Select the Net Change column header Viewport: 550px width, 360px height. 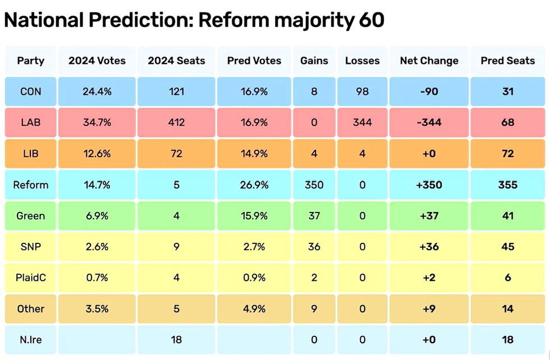[429, 61]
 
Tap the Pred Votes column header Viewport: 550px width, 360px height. [254, 61]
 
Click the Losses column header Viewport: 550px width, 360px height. [362, 61]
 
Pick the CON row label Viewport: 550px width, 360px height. [30, 91]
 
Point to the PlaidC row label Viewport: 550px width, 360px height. [30, 278]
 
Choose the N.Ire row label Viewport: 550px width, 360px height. [30, 339]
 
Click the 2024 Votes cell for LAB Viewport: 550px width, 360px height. [97, 122]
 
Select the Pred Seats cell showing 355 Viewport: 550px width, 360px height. [507, 184]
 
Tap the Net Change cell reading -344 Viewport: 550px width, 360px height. [429, 122]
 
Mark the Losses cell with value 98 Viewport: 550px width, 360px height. [362, 91]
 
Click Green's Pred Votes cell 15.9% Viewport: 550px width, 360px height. [254, 216]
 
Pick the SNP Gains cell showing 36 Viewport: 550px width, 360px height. [314, 247]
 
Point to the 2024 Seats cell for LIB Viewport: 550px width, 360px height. [176, 154]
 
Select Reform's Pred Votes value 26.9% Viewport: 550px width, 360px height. [254, 184]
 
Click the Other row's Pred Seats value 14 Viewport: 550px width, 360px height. [507, 309]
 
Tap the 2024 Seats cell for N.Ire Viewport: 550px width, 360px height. [176, 339]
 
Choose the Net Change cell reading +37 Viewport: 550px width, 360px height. [429, 216]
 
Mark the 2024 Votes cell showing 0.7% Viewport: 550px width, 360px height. [97, 278]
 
